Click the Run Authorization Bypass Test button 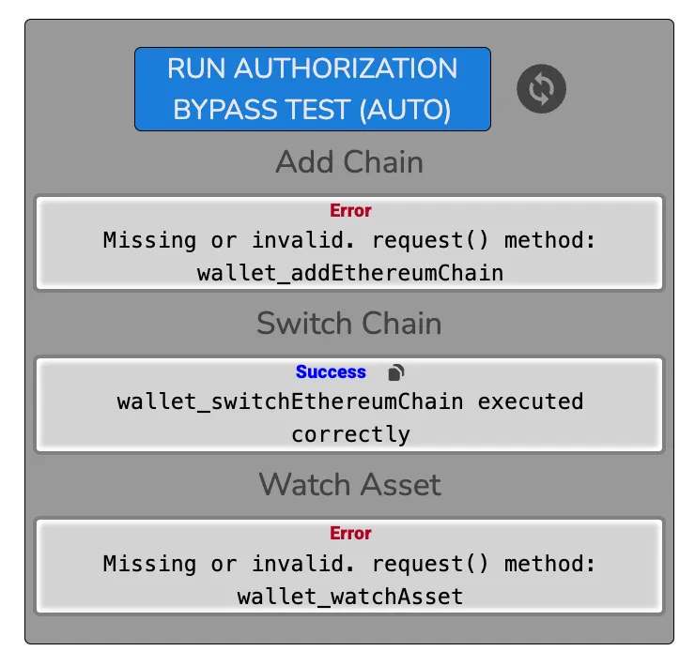(312, 89)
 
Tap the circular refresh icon (542, 89)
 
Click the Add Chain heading (349, 162)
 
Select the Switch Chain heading (349, 324)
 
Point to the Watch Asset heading (349, 485)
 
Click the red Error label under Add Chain (350, 211)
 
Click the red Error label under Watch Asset (350, 534)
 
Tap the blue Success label (331, 372)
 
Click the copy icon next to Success (396, 372)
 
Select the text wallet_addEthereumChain (349, 273)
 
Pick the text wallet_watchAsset (349, 596)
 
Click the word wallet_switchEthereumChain (290, 401)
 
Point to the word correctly (349, 434)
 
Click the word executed (531, 401)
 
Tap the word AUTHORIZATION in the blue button (346, 68)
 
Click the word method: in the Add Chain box (550, 240)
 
